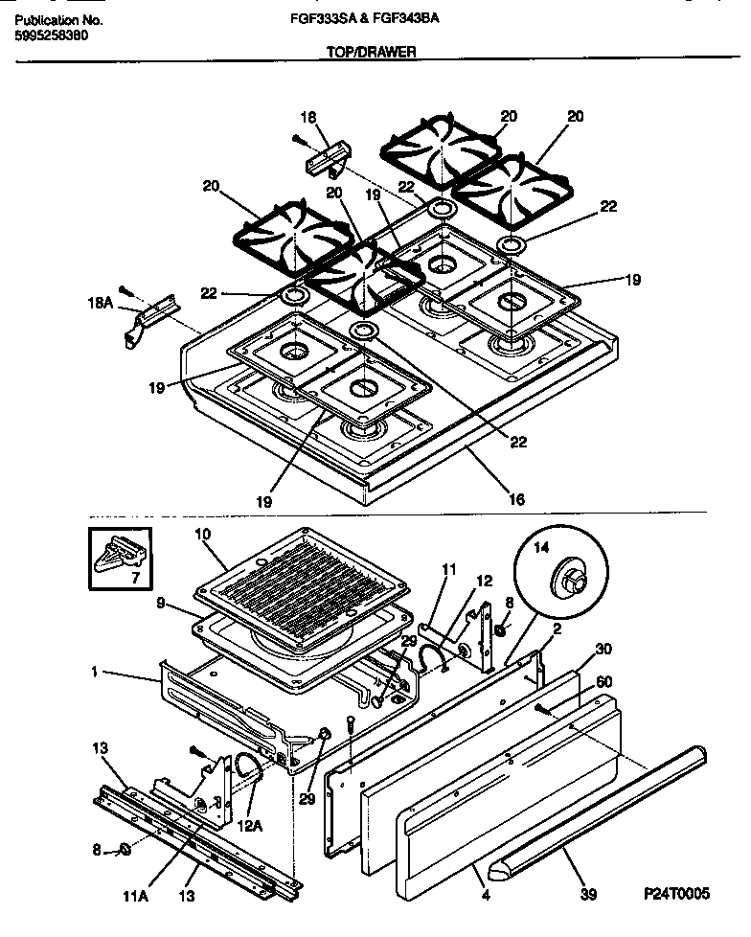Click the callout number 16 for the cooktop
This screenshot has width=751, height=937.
517,499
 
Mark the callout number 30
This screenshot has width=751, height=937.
603,648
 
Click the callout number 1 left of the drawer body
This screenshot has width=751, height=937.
95,674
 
